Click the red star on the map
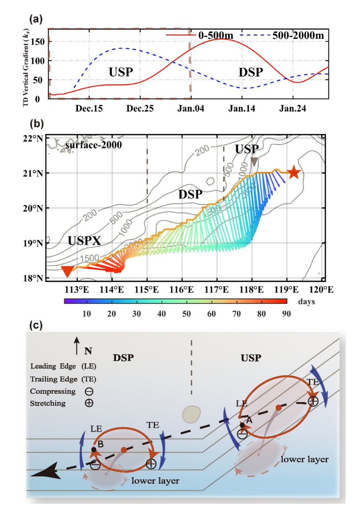pos(293,173)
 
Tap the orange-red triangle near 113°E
pos(67,271)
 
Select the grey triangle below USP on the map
pos(254,162)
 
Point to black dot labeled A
pos(242,425)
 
